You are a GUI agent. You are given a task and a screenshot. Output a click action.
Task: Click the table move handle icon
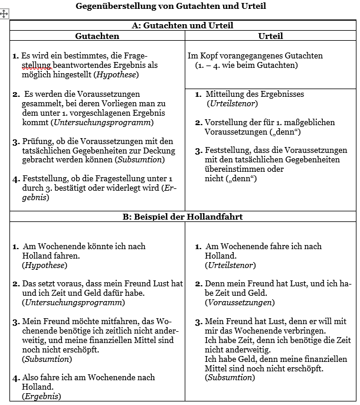click(x=5, y=14)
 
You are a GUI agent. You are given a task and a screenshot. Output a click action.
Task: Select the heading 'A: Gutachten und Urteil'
click(x=182, y=25)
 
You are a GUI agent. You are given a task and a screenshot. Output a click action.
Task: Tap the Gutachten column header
click(x=97, y=36)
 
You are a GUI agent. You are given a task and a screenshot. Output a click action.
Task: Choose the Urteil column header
click(x=270, y=36)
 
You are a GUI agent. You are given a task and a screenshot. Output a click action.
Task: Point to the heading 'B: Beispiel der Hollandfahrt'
click(x=182, y=217)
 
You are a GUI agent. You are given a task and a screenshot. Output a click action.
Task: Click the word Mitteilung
click(x=225, y=94)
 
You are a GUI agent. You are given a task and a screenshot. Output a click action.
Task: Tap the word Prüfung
click(x=37, y=141)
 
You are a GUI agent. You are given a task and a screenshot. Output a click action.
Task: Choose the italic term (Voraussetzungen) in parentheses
click(x=240, y=303)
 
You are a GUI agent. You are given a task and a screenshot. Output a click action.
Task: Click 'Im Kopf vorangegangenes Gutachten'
click(x=255, y=55)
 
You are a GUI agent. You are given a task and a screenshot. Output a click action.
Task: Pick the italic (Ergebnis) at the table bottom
click(x=41, y=396)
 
